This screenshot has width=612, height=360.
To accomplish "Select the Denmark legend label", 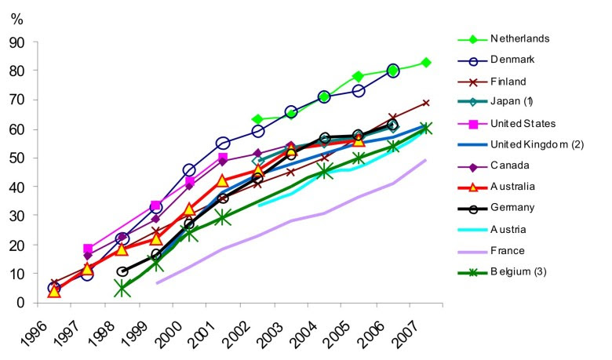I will pos(514,60).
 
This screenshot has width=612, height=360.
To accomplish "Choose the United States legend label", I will pos(524,123).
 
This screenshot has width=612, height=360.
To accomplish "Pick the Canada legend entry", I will pos(510,165).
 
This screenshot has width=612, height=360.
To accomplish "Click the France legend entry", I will pos(508,250).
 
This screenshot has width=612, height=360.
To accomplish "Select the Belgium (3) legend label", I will pos(519,271).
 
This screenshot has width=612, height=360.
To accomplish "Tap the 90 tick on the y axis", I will pos(27,42).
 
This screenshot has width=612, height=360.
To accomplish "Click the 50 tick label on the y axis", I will pos(27,158).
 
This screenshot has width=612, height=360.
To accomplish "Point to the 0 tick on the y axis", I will pos(31,303).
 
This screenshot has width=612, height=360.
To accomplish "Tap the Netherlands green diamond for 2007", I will pos(425,63).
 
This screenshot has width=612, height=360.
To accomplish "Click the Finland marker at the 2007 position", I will pos(425,103).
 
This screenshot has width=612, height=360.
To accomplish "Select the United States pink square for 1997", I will pos(87,249).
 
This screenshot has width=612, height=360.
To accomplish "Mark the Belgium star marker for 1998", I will pos(122,288).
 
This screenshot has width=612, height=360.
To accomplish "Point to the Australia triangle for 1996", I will pos(53,291).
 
